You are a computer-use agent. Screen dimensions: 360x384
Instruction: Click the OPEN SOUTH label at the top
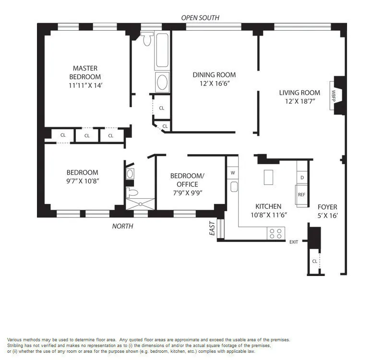tap(200, 18)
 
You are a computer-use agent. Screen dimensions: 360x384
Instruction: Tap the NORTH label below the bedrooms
tap(123, 226)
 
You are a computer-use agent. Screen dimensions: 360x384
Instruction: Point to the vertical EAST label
tap(212, 231)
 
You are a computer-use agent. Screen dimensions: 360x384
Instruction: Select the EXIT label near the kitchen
tap(294, 242)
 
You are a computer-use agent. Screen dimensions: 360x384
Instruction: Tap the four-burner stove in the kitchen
tap(276, 233)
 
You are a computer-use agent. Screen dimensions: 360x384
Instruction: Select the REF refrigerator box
tap(301, 195)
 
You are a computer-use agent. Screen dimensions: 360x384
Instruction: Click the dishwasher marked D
tap(302, 178)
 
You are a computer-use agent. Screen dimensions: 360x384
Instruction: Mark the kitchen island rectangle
tap(268, 177)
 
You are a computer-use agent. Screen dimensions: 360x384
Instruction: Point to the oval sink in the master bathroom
tap(162, 82)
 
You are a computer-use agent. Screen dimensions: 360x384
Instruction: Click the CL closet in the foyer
tap(314, 262)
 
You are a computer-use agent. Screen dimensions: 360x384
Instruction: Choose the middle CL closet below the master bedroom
tap(87, 135)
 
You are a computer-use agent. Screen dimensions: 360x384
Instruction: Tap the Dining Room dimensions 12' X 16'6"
tap(214, 83)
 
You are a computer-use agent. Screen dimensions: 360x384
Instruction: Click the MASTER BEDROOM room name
tap(85, 72)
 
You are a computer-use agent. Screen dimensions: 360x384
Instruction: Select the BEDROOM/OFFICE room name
tap(187, 180)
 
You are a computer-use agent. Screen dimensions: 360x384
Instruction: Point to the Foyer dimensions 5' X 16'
tap(327, 216)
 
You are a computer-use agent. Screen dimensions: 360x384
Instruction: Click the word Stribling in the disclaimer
tap(17, 346)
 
